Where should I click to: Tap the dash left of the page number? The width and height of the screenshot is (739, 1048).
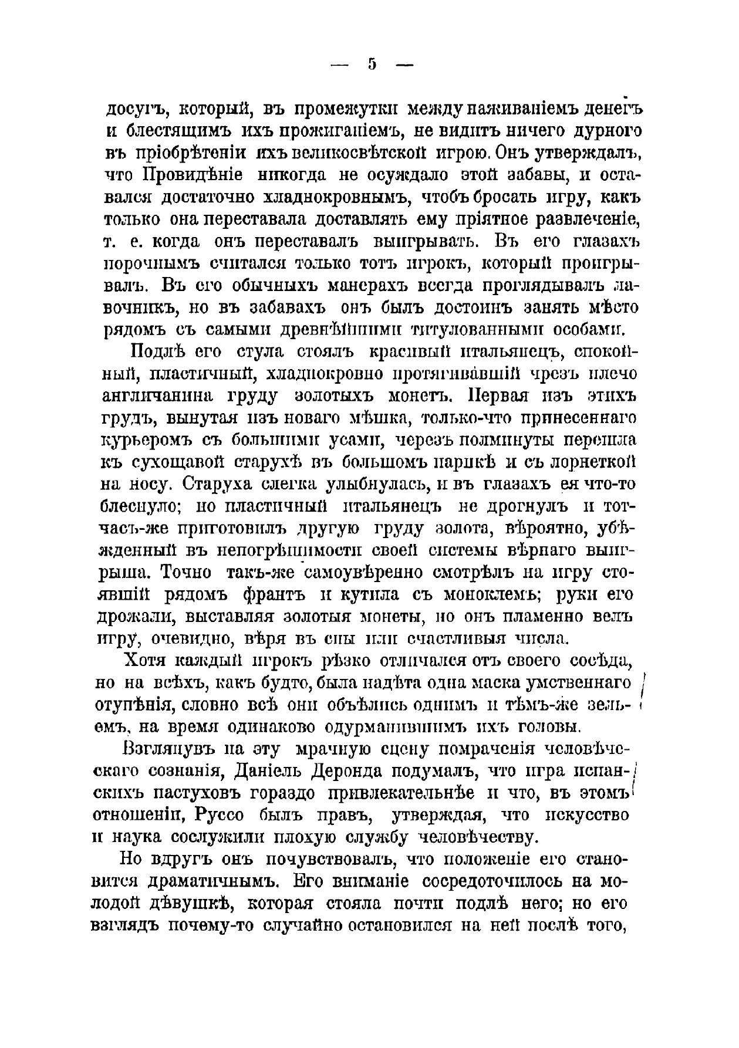click(340, 65)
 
